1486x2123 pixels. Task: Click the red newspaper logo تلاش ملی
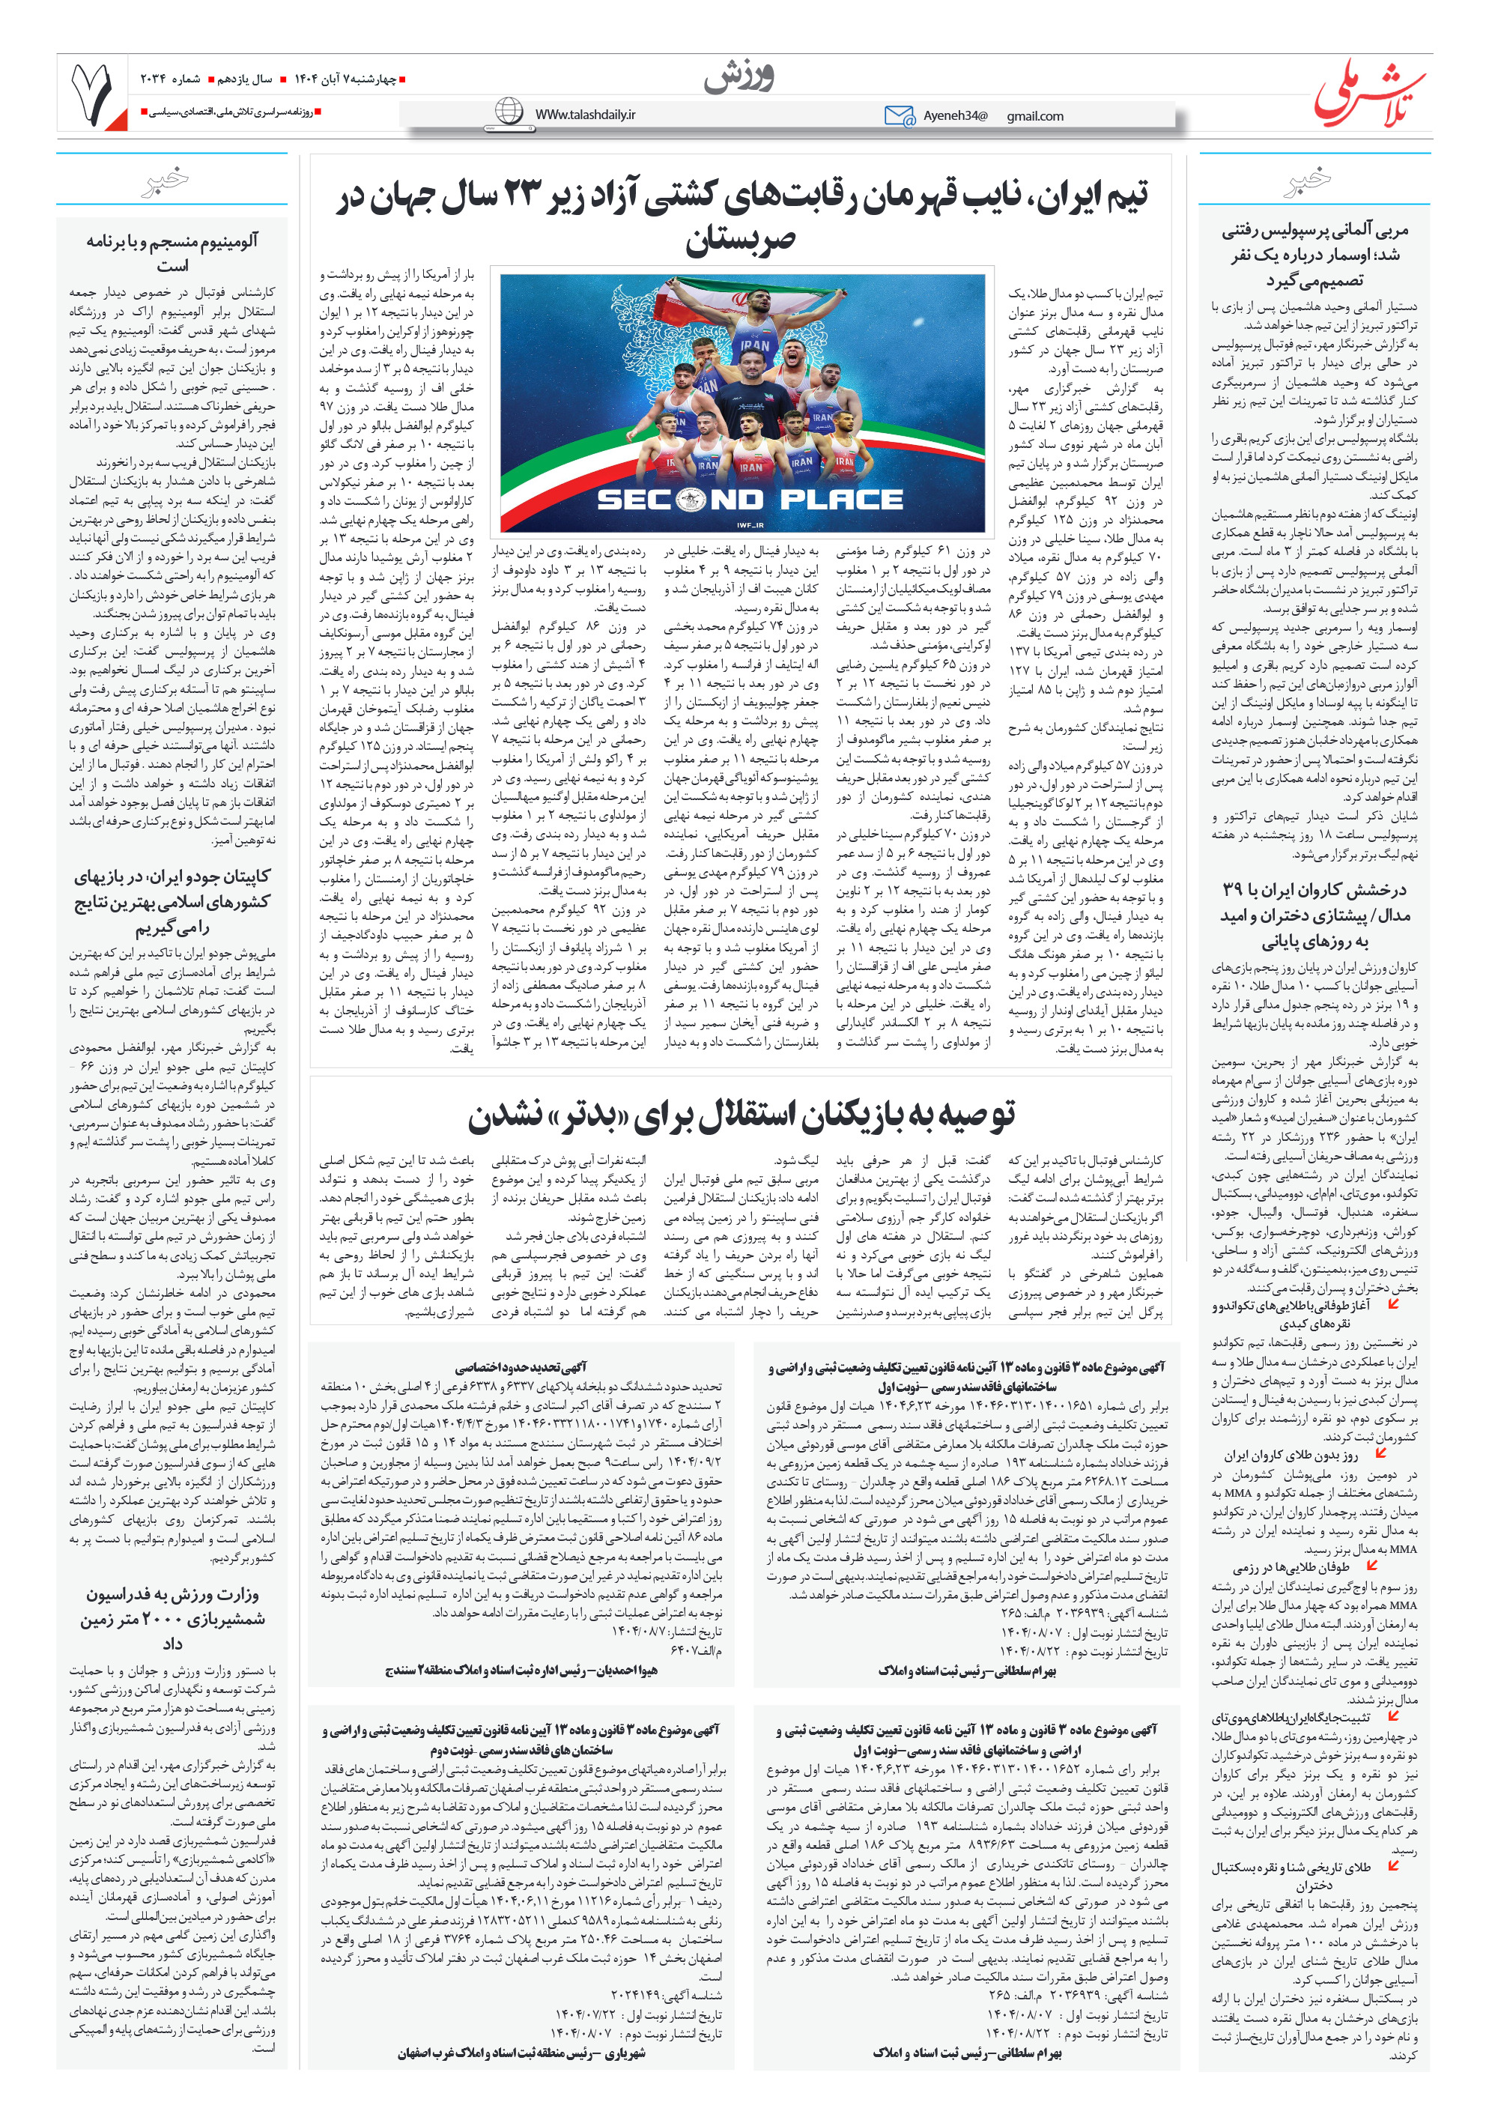1369,92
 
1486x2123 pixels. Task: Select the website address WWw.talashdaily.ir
586,115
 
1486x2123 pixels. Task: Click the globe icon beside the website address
509,112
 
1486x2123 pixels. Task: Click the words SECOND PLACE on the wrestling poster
749,500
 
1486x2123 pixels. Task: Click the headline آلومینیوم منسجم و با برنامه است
172,252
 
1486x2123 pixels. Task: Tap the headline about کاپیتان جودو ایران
172,901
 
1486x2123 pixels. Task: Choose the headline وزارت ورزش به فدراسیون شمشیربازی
172,1619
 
